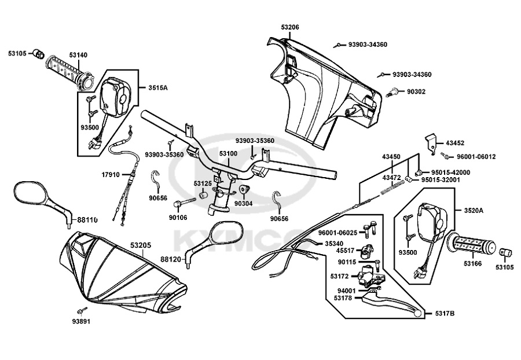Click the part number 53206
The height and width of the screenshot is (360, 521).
coord(291,27)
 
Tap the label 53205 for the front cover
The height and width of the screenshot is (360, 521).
coord(141,245)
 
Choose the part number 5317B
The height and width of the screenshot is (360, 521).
coord(444,314)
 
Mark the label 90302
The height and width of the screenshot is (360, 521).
coord(416,91)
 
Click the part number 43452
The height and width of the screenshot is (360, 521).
coord(456,142)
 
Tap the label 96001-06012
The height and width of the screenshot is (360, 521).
coord(475,156)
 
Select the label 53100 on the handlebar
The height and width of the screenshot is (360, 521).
coord(228,154)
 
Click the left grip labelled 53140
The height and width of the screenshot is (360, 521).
coord(67,72)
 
